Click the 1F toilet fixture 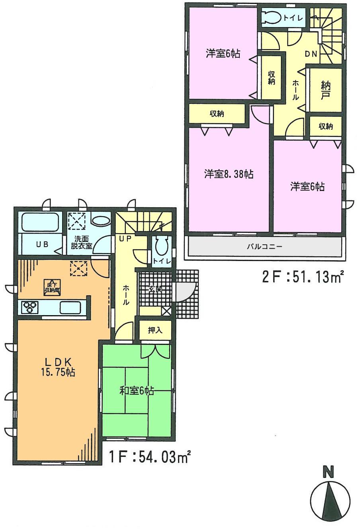tap(162, 246)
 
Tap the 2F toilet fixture tap(272, 18)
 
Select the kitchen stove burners tap(30, 307)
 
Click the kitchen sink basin tap(70, 308)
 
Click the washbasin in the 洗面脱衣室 tap(101, 221)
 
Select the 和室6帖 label tap(137, 391)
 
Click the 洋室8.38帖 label tap(229, 174)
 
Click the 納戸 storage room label tap(325, 90)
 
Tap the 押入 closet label tap(155, 330)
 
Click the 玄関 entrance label tap(155, 290)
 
